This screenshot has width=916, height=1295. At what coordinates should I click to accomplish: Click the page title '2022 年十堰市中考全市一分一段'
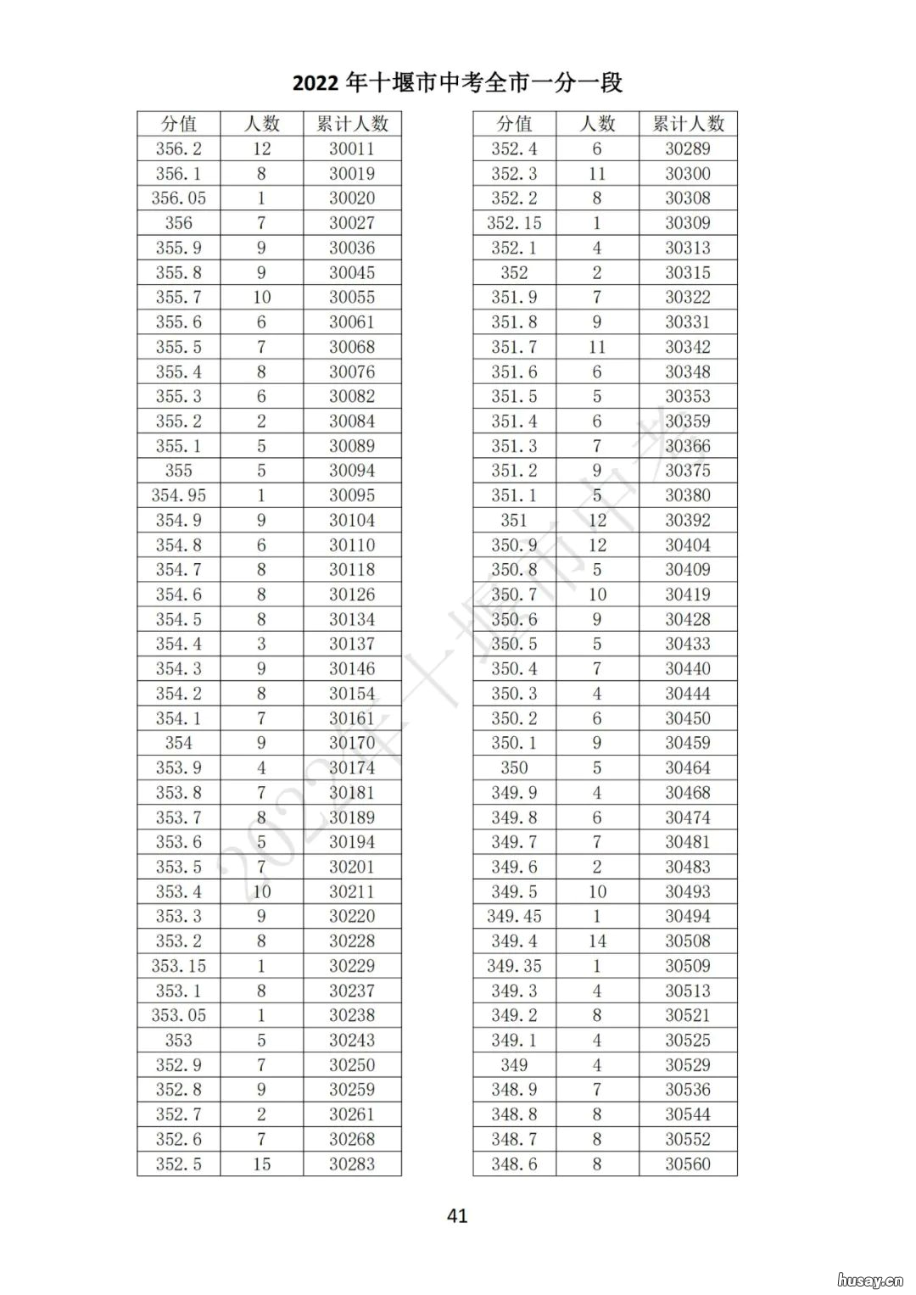pyautogui.click(x=457, y=82)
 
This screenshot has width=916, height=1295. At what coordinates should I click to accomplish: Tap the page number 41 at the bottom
pyautogui.click(x=457, y=1215)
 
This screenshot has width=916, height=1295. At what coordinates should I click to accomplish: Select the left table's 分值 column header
pyautogui.click(x=178, y=124)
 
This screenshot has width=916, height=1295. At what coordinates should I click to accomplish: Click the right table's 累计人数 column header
pyautogui.click(x=688, y=124)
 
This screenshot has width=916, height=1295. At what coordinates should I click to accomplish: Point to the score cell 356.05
pyautogui.click(x=178, y=198)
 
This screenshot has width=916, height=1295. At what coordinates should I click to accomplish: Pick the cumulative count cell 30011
pyautogui.click(x=352, y=149)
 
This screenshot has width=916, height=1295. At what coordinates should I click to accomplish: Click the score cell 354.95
pyautogui.click(x=178, y=495)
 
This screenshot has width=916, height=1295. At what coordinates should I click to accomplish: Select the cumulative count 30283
pyautogui.click(x=352, y=1164)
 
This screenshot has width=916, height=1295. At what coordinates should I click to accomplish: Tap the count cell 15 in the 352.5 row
pyautogui.click(x=261, y=1164)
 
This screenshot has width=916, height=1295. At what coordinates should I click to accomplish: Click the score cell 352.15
pyautogui.click(x=514, y=223)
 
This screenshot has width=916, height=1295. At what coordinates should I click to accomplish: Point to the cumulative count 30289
pyautogui.click(x=688, y=149)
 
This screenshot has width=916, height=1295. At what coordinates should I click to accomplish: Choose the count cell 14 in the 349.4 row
pyautogui.click(x=597, y=941)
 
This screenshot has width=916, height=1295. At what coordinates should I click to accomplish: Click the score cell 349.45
pyautogui.click(x=514, y=917)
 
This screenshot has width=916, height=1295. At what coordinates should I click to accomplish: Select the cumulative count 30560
pyautogui.click(x=688, y=1164)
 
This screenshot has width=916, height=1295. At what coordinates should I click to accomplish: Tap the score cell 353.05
pyautogui.click(x=178, y=1015)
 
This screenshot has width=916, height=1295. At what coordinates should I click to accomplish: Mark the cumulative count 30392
pyautogui.click(x=688, y=520)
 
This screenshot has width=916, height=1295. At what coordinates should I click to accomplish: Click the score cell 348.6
pyautogui.click(x=514, y=1164)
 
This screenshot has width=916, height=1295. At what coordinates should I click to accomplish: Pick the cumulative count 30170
pyautogui.click(x=352, y=743)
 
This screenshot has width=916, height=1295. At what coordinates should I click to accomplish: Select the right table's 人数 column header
pyautogui.click(x=597, y=124)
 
